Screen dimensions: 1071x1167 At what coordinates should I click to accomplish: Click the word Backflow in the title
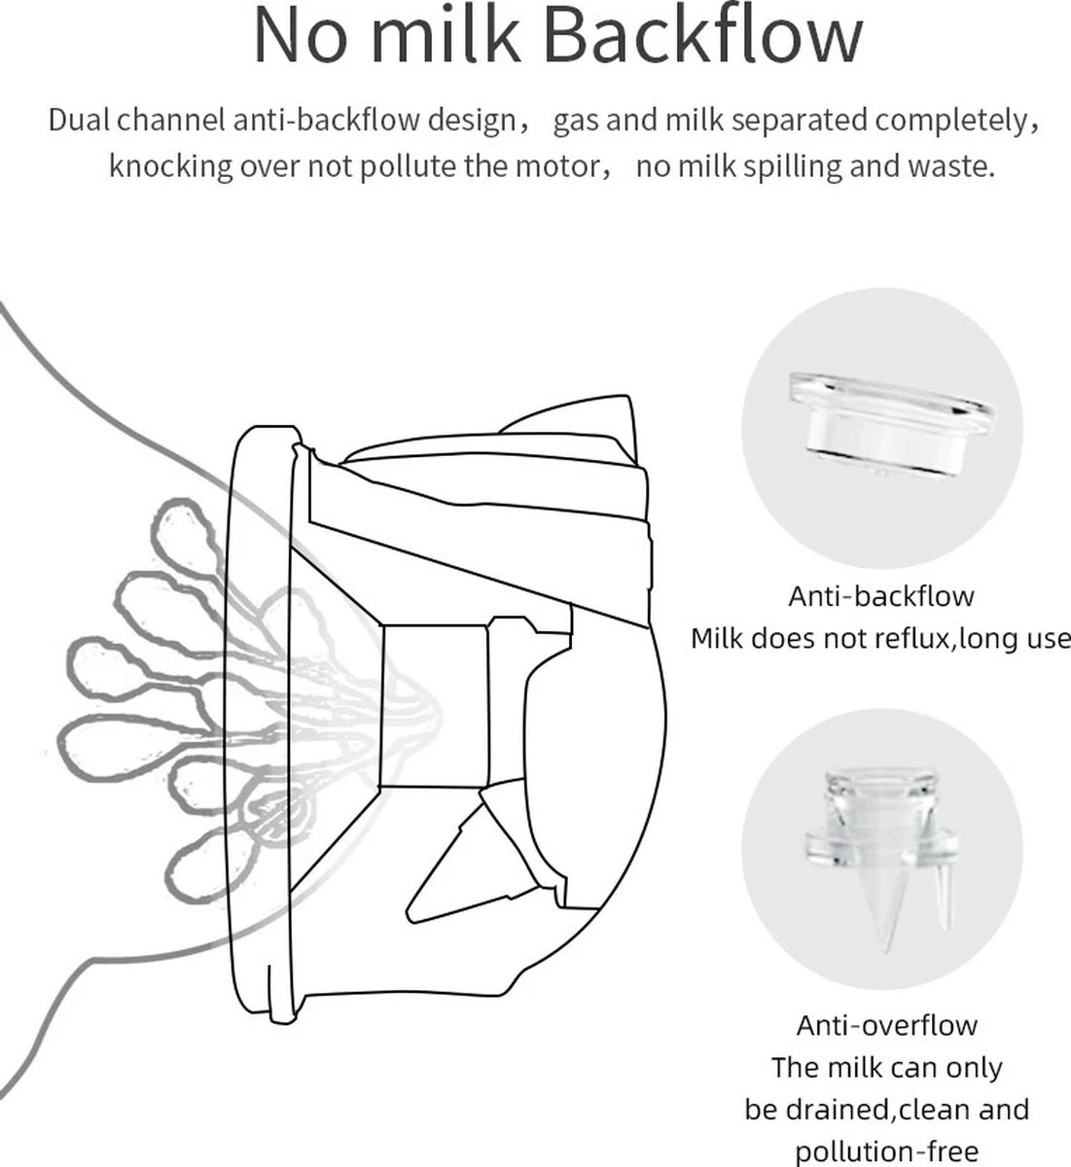coord(703,36)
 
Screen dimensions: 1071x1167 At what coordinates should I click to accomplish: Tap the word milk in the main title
coord(446,36)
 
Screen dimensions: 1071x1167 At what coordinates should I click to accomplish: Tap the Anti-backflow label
coord(880,597)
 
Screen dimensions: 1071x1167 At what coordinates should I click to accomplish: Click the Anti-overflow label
coord(886,1025)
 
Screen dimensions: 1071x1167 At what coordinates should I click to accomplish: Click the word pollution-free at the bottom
coord(886,1151)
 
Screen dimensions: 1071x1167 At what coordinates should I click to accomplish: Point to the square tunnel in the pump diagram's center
coord(434,706)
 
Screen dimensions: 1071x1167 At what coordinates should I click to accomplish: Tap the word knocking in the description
coord(171,167)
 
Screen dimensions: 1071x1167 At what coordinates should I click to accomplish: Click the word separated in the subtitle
coord(800,122)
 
